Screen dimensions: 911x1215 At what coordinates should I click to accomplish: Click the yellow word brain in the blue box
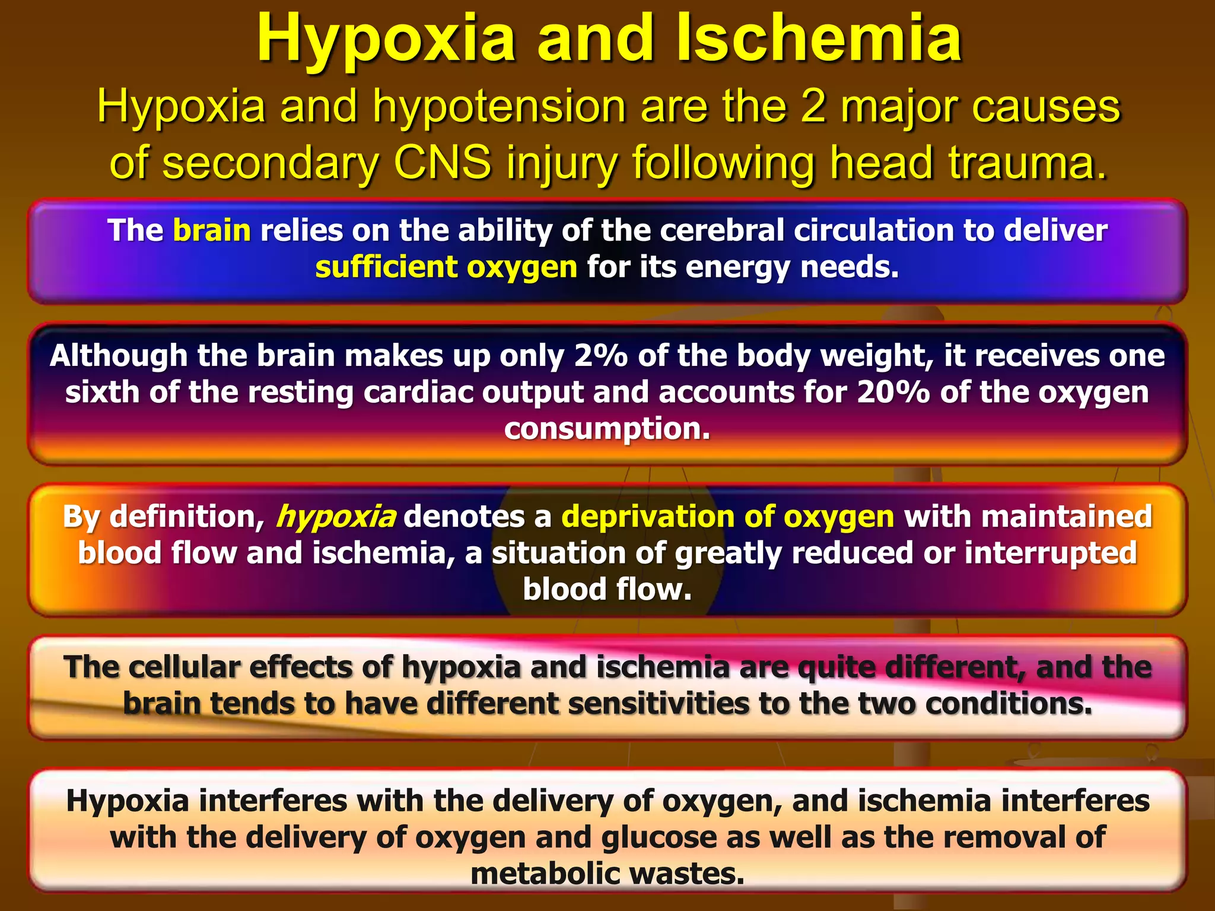(212, 230)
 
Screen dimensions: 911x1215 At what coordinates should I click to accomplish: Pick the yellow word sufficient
(386, 267)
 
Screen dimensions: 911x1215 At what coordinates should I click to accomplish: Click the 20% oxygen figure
(893, 393)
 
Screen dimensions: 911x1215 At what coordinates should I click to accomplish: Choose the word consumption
(606, 429)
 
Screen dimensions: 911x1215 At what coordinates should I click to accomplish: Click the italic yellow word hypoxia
(336, 517)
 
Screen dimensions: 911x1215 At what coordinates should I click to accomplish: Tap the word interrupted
(1050, 553)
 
